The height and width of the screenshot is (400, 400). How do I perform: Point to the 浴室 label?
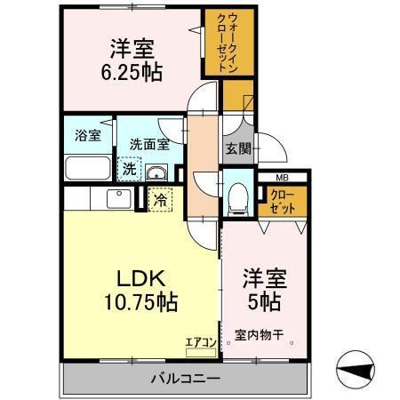pyautogui.click(x=86, y=137)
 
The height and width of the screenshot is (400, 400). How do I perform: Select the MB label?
pyautogui.click(x=282, y=179)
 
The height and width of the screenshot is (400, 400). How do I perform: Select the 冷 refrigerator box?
pyautogui.click(x=160, y=200)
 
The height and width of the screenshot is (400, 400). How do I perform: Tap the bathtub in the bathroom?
pyautogui.click(x=88, y=168)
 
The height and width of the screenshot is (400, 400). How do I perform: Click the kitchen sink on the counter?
pyautogui.click(x=116, y=197)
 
